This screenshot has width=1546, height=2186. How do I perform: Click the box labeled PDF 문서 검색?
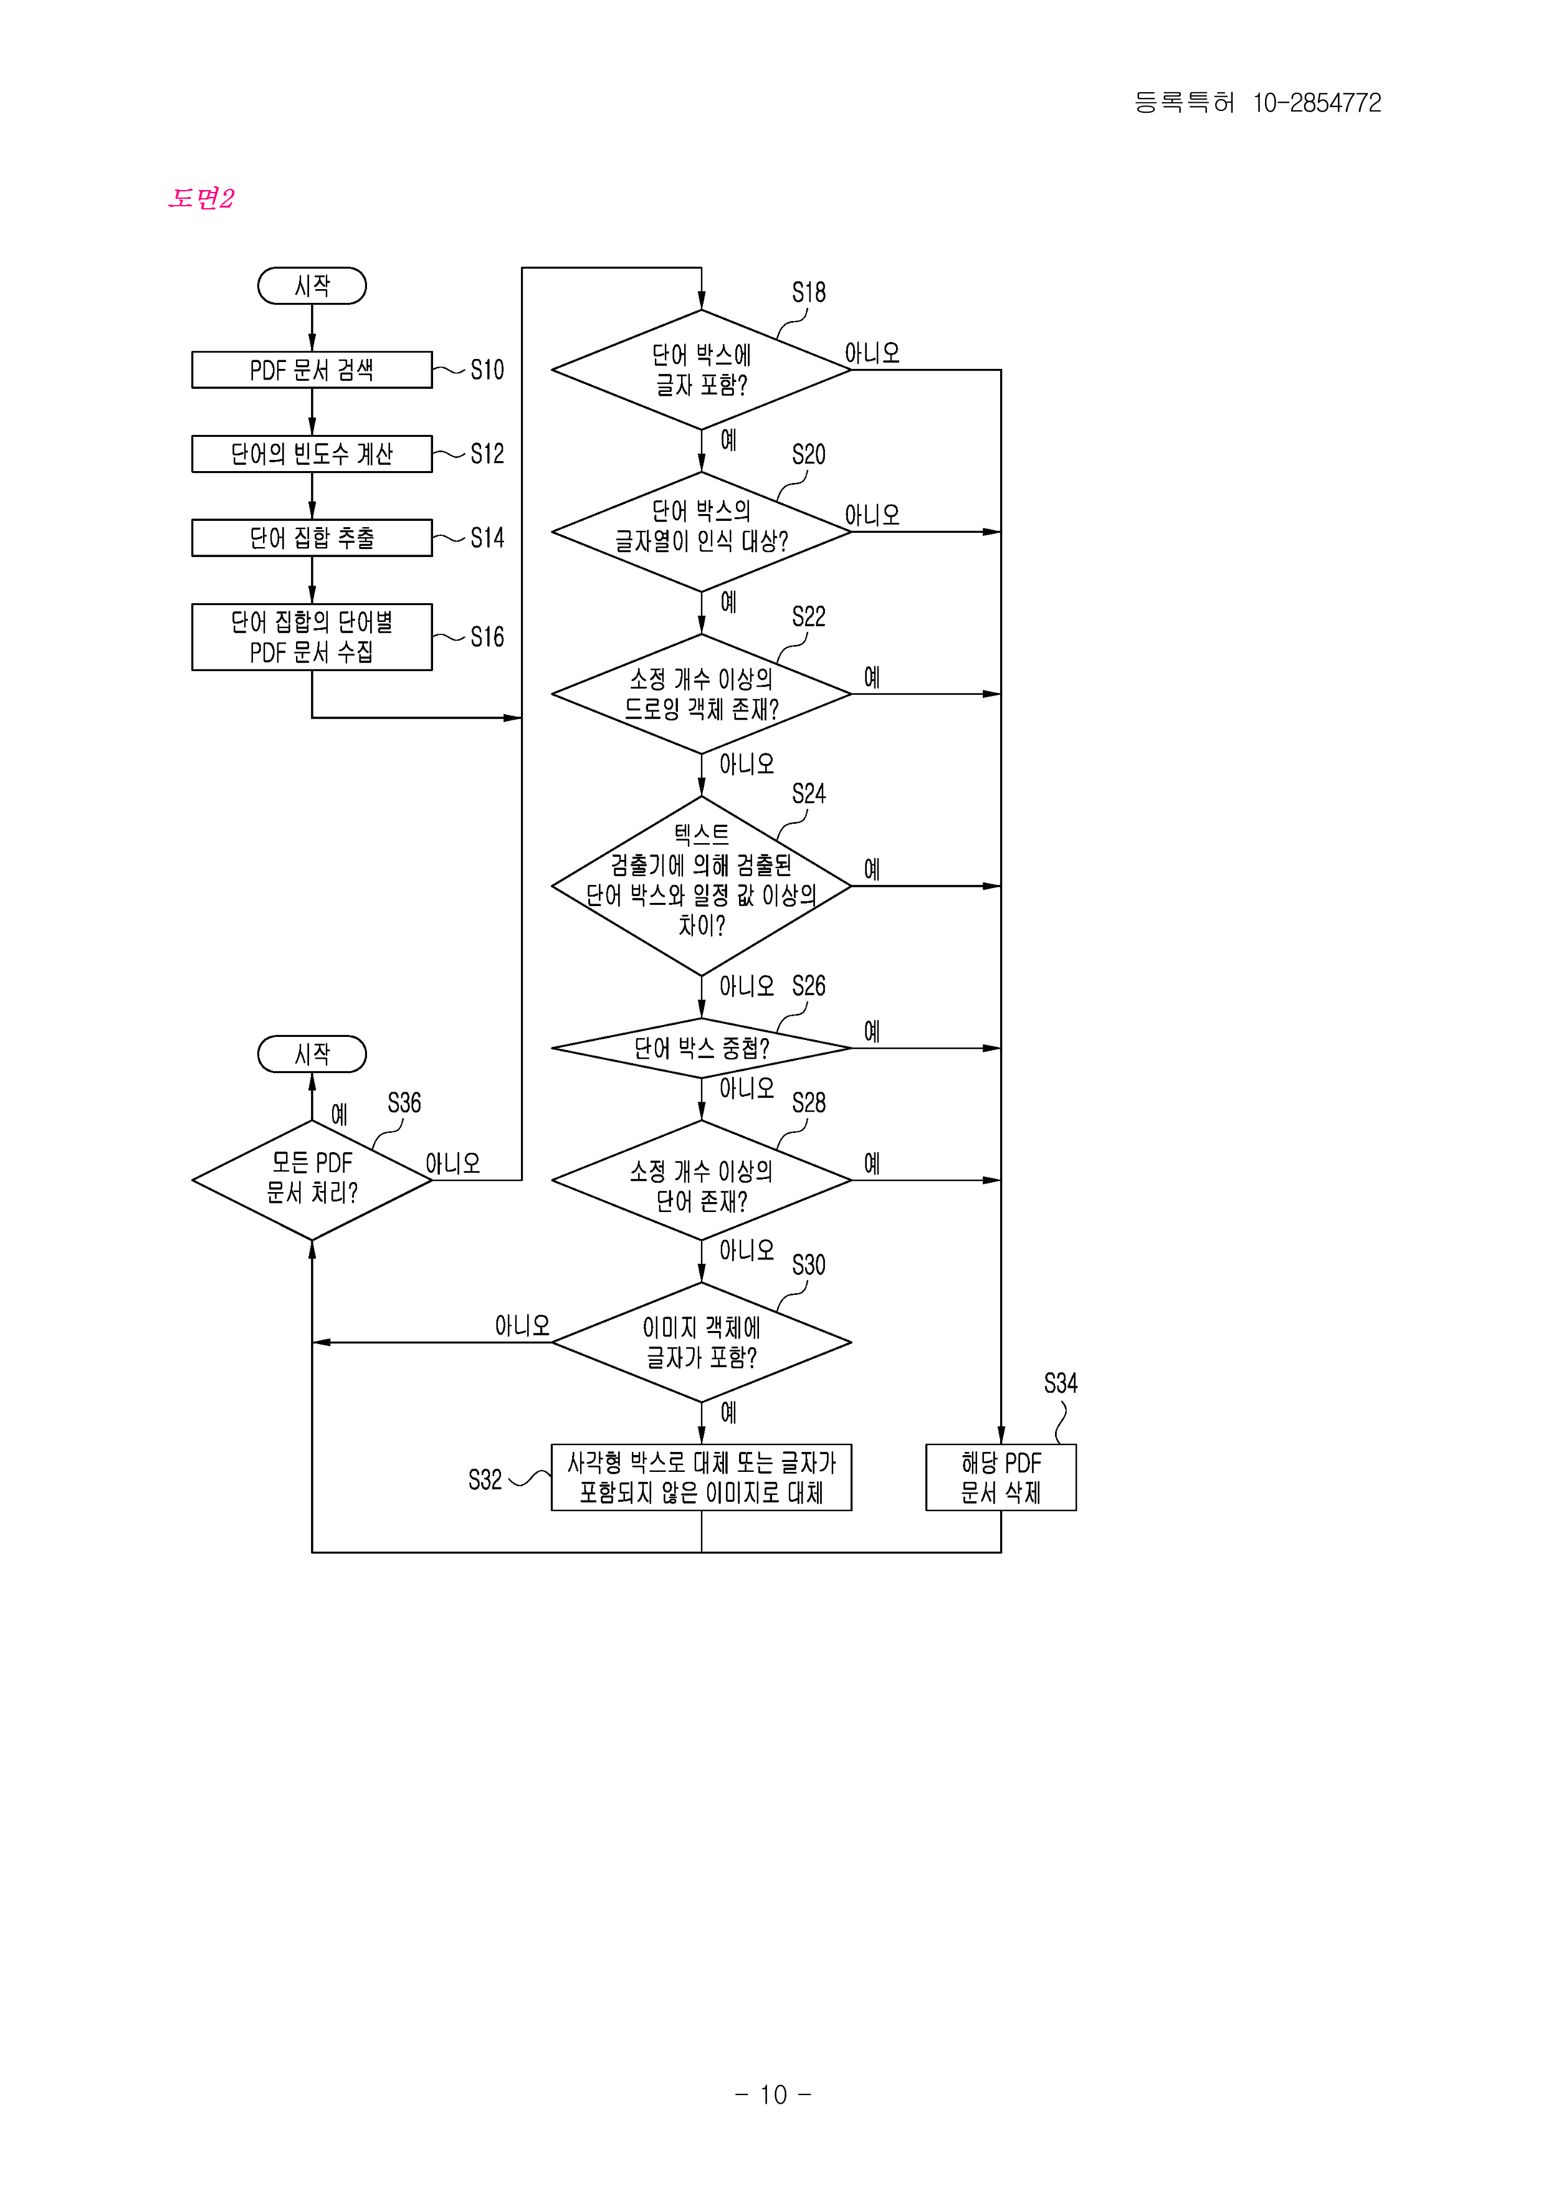click(312, 370)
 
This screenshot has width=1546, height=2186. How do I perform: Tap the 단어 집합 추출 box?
click(312, 537)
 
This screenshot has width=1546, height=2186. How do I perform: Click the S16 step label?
click(487, 637)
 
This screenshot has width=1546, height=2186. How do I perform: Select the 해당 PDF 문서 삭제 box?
click(1001, 1477)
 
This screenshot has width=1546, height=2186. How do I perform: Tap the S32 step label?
click(485, 1479)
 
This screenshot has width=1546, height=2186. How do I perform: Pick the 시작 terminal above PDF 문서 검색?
click(312, 285)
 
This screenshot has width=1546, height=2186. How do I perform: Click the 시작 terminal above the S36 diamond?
click(312, 1054)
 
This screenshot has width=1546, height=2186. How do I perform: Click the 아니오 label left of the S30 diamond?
click(522, 1325)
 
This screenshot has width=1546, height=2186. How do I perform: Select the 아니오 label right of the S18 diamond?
click(872, 353)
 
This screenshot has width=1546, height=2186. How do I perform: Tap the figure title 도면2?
click(201, 198)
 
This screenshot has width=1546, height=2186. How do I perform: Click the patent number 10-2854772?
click(1317, 103)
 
